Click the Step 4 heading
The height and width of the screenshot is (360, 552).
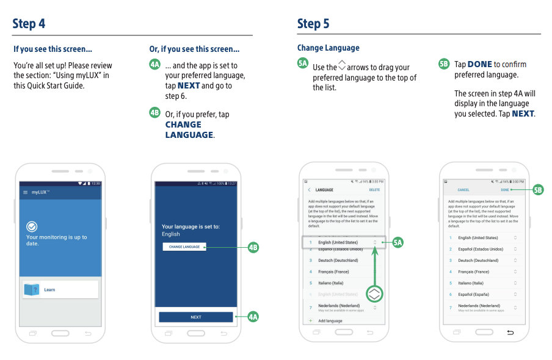click(x=29, y=24)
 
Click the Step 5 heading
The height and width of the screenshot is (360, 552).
click(x=313, y=24)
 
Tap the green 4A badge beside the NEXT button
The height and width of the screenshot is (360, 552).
click(x=253, y=317)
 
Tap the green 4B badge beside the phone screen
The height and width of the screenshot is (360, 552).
click(x=253, y=247)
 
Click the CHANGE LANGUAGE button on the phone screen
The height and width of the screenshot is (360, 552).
click(x=184, y=247)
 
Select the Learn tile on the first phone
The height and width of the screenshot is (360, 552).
click(x=60, y=290)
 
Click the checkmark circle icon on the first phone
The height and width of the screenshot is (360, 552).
click(x=32, y=226)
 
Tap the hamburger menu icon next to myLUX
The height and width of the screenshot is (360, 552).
click(x=25, y=192)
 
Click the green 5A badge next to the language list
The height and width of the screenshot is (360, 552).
click(x=398, y=243)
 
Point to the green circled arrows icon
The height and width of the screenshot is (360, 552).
click(x=375, y=294)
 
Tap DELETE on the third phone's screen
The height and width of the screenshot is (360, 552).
click(x=374, y=190)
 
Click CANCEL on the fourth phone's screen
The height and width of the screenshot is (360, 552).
click(x=463, y=190)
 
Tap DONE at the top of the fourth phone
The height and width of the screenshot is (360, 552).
click(x=505, y=190)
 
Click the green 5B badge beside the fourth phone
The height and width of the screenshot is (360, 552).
click(x=538, y=190)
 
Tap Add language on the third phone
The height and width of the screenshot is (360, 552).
click(x=330, y=321)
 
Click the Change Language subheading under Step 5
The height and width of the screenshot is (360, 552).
click(x=329, y=48)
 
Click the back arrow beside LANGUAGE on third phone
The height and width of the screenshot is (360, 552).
click(x=309, y=190)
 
